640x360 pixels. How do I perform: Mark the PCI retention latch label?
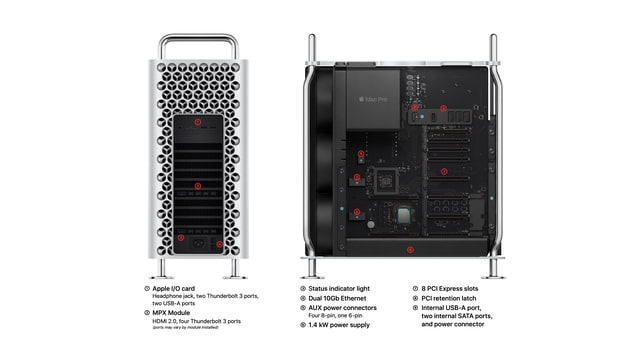click(450, 298)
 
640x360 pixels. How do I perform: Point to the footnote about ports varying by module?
click(185, 328)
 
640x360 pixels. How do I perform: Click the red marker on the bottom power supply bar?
click(409, 248)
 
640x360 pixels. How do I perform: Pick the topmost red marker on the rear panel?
click(198, 122)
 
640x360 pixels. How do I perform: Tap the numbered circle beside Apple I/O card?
click(148, 288)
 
